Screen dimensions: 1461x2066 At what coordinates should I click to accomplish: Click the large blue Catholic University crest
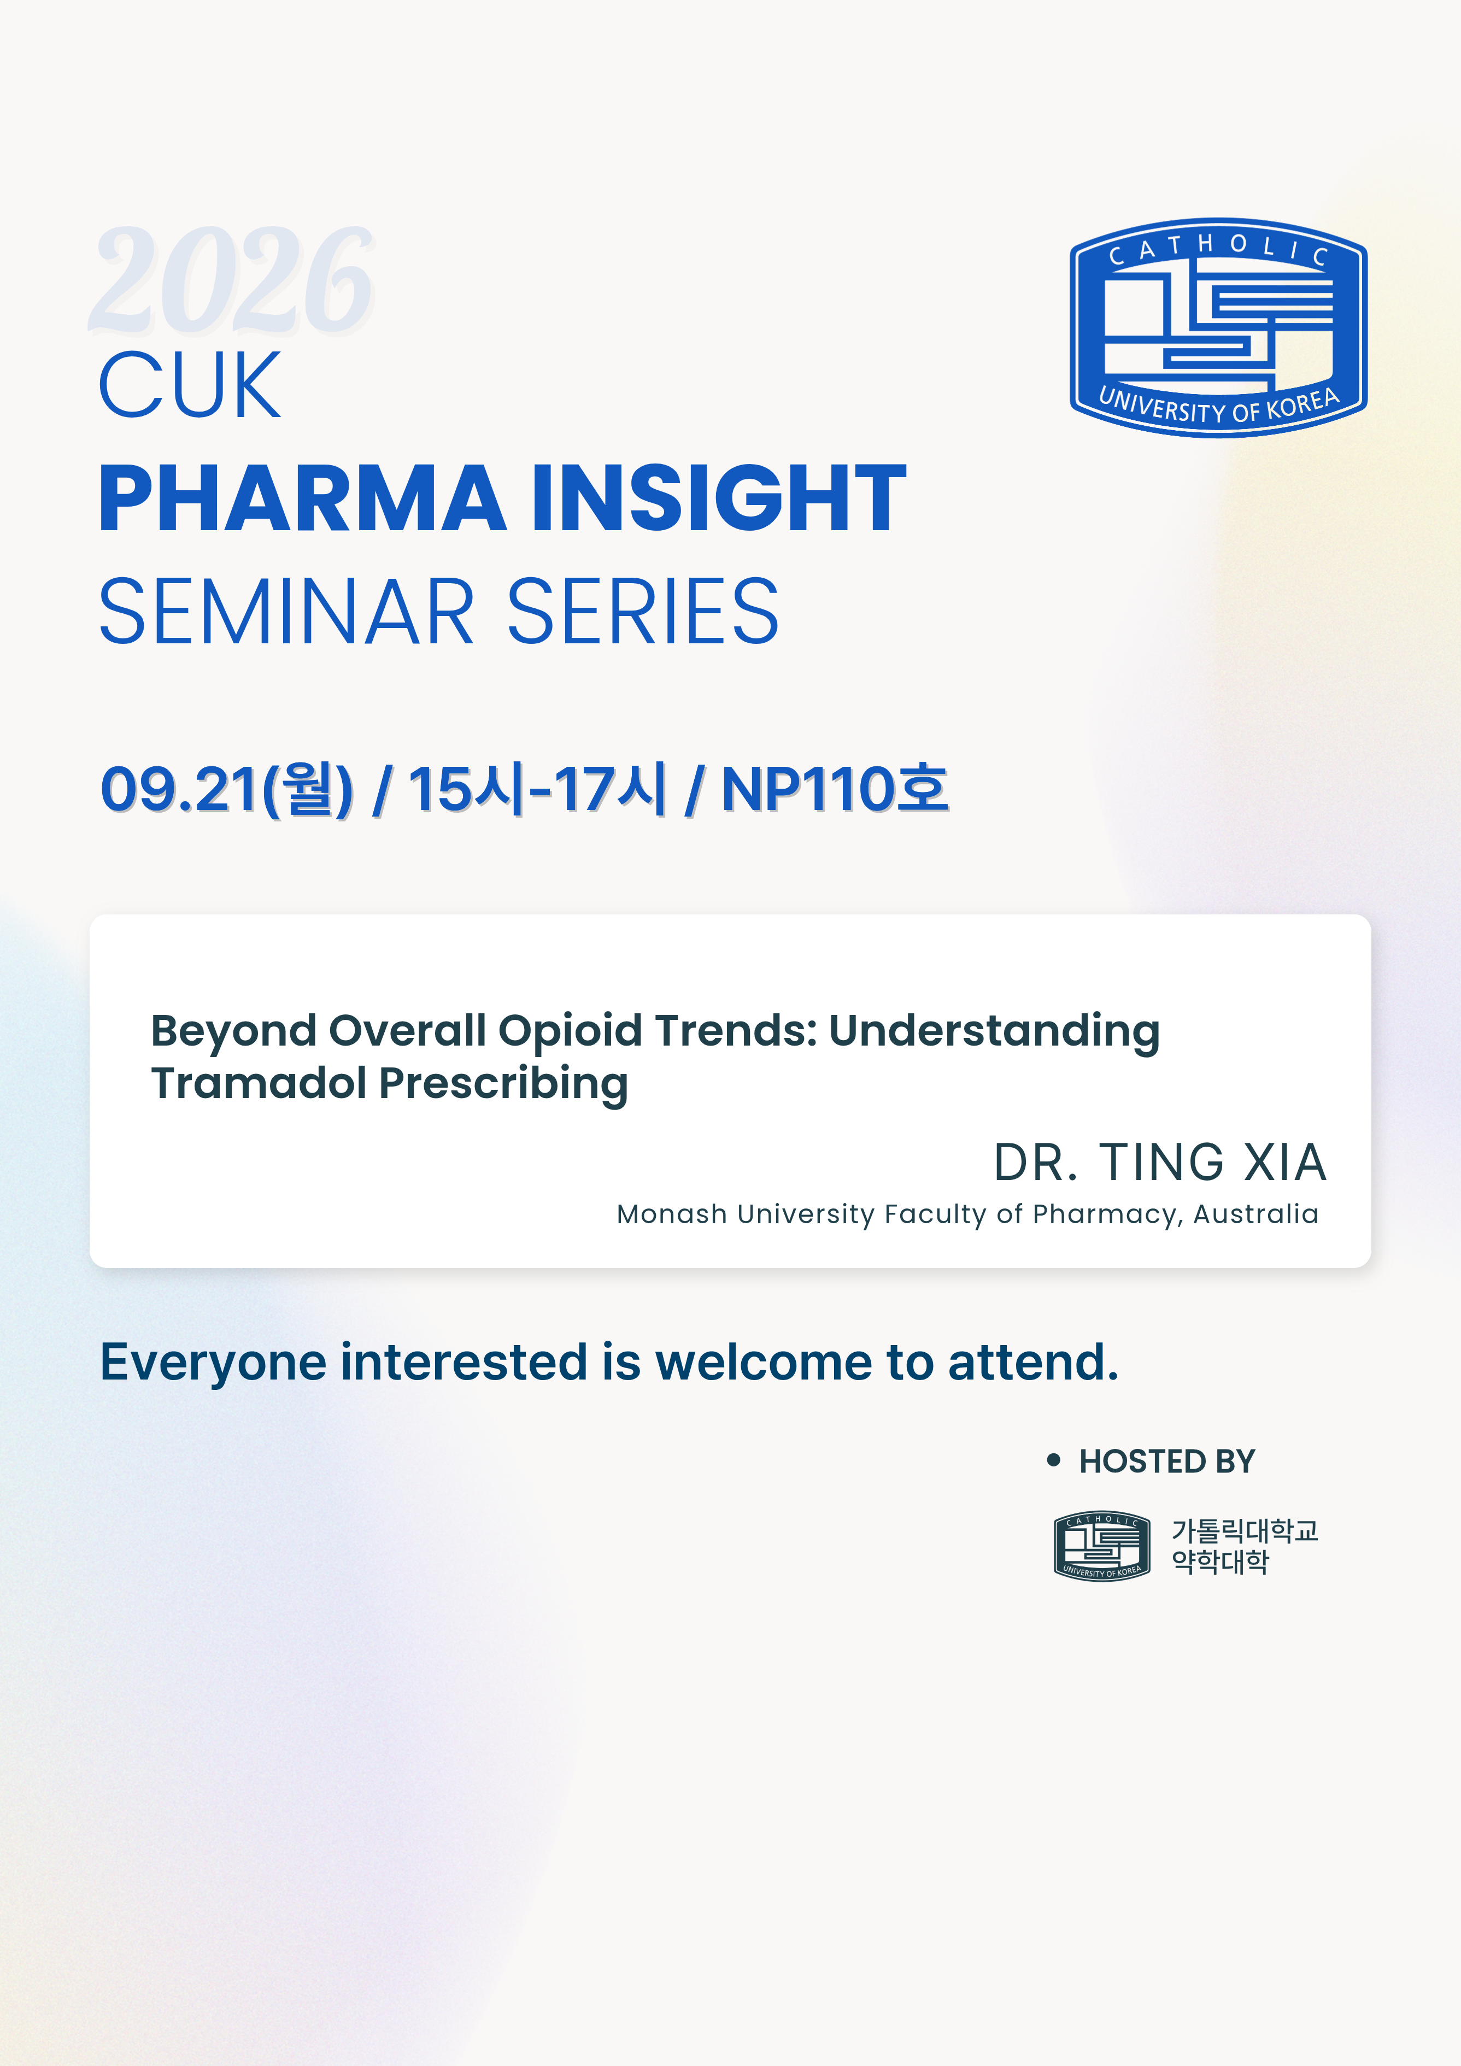click(1218, 327)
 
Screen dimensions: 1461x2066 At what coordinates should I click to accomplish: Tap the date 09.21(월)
click(227, 789)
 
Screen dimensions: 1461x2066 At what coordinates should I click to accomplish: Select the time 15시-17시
click(537, 789)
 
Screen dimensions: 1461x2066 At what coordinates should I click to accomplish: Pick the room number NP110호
click(835, 789)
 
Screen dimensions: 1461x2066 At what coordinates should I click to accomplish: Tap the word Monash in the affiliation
click(671, 1215)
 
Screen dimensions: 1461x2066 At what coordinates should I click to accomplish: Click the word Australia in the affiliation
click(1256, 1215)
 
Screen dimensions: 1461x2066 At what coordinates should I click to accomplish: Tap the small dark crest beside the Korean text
click(1102, 1546)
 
